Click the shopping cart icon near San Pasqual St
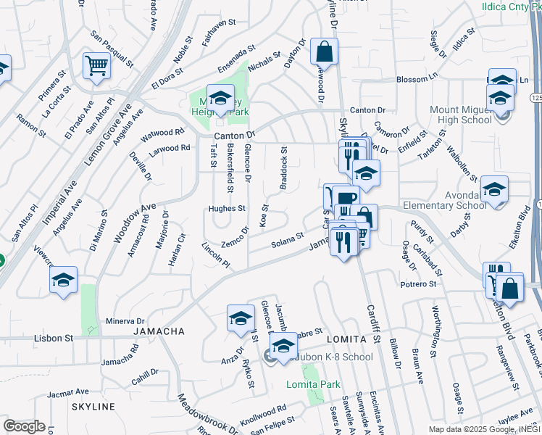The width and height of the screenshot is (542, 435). (96, 67)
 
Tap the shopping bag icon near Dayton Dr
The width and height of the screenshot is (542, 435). (324, 52)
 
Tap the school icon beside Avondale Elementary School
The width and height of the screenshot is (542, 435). (494, 191)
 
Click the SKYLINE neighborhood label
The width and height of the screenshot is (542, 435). (93, 407)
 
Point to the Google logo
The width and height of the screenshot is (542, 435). (24, 426)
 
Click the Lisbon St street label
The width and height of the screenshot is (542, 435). (54, 338)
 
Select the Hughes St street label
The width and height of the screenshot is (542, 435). (226, 208)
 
